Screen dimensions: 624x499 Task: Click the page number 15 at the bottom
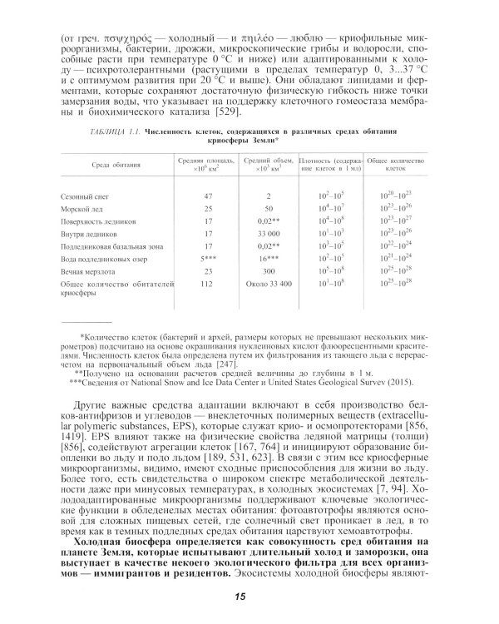pyautogui.click(x=240, y=596)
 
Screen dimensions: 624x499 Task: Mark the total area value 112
pyautogui.click(x=209, y=285)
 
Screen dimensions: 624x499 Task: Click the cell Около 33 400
pyautogui.click(x=269, y=285)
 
